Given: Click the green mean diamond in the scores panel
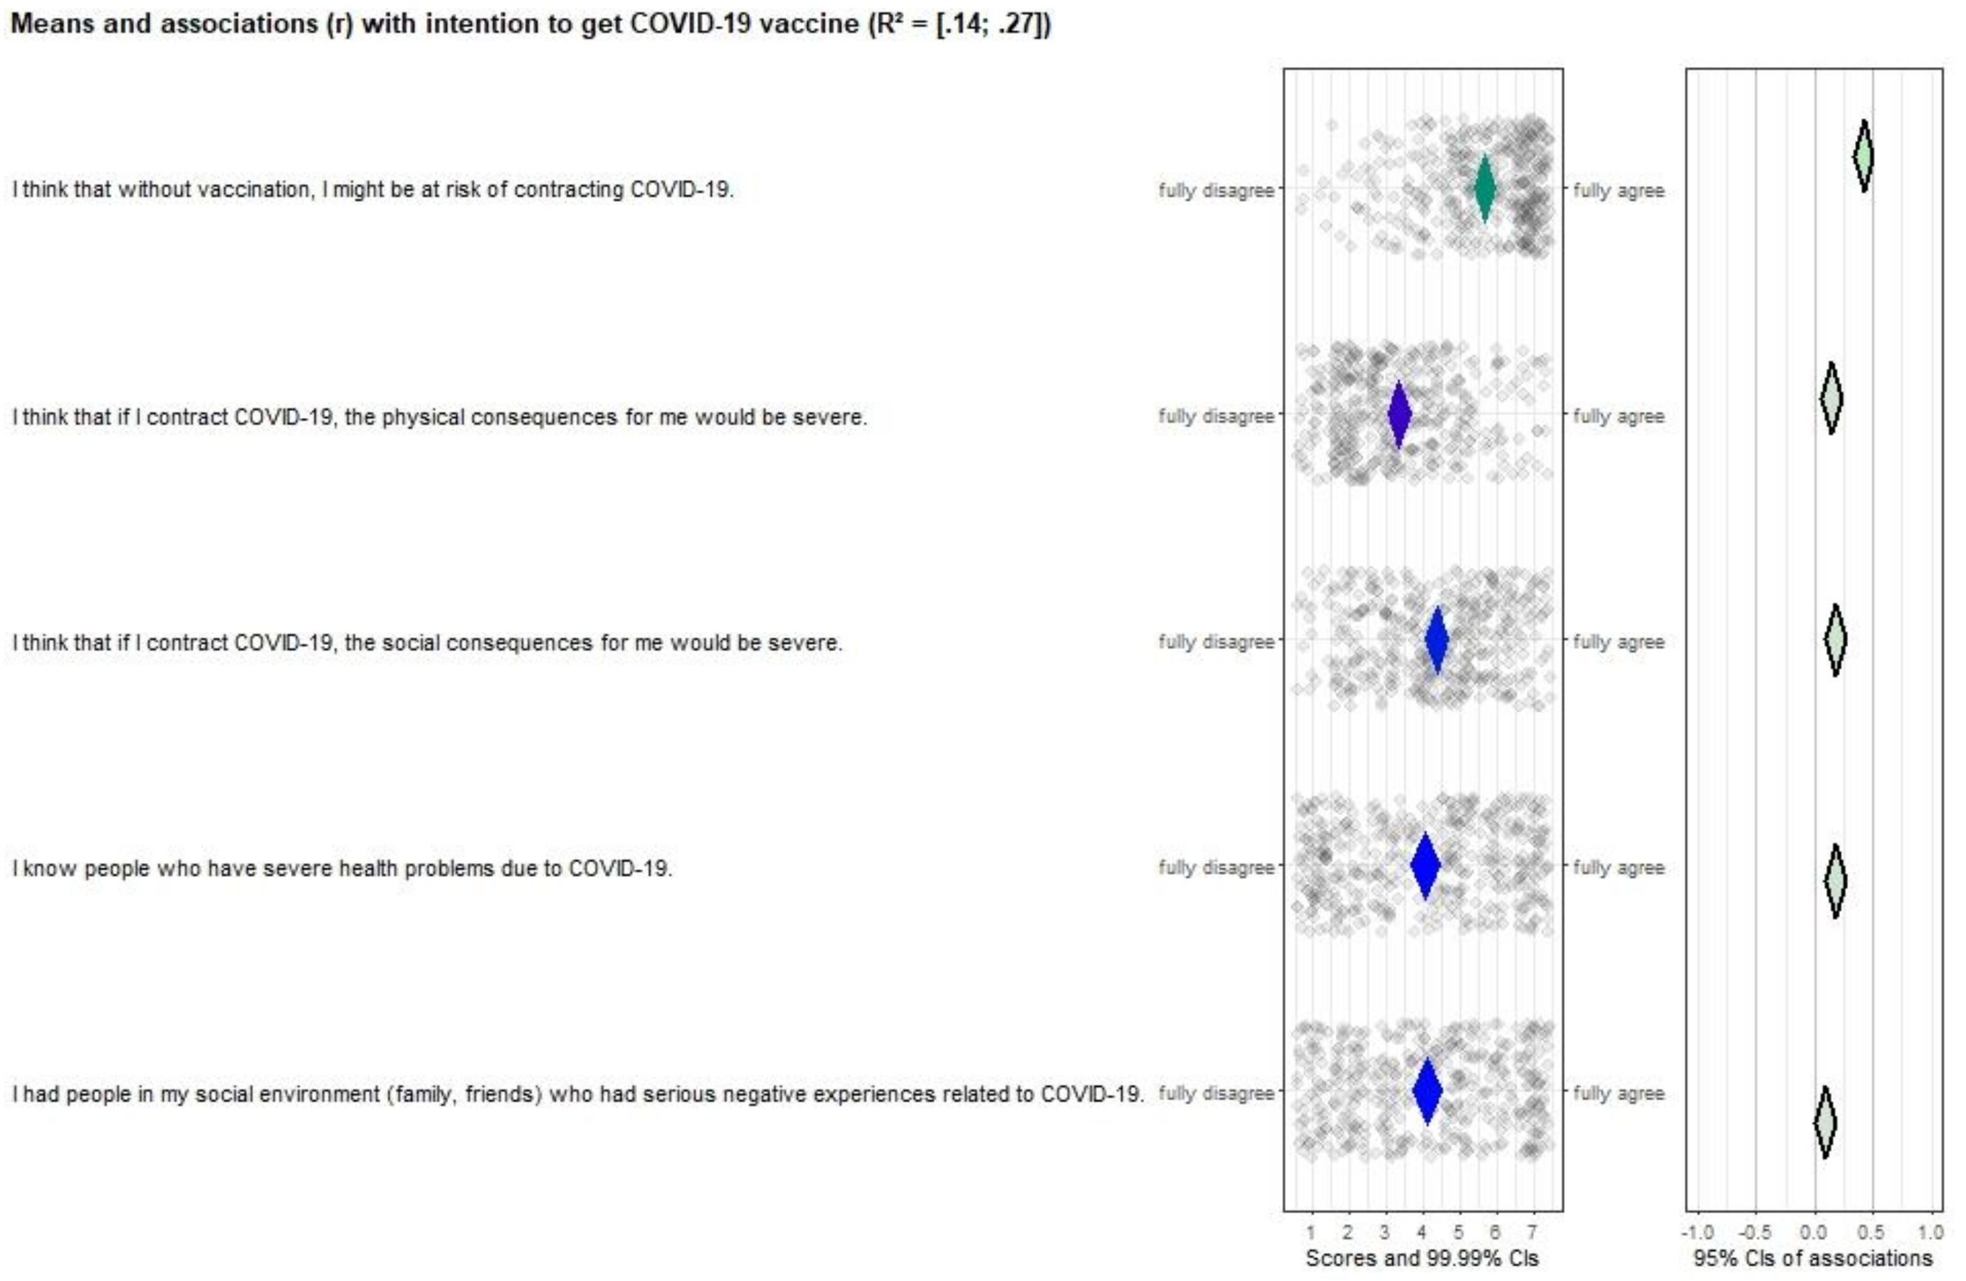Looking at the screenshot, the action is [x=1485, y=188].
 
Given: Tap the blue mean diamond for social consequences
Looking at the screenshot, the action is [x=1438, y=640].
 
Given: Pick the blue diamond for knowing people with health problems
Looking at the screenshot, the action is [x=1425, y=865].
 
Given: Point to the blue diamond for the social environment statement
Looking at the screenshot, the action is [x=1427, y=1091].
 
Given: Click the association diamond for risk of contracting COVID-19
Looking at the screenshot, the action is [x=1864, y=156].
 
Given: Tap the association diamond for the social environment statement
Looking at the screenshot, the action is [x=1826, y=1122].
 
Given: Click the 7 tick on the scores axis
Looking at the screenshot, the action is [x=1532, y=1232].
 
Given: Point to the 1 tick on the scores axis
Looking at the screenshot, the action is [x=1311, y=1232].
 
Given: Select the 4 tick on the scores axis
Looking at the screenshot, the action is [x=1422, y=1232].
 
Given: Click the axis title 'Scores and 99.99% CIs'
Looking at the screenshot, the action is [x=1422, y=1258].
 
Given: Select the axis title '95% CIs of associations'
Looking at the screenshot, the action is [x=1813, y=1258].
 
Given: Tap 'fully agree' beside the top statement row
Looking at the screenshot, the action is [x=1618, y=191].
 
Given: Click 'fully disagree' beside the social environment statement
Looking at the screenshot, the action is [x=1216, y=1094].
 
